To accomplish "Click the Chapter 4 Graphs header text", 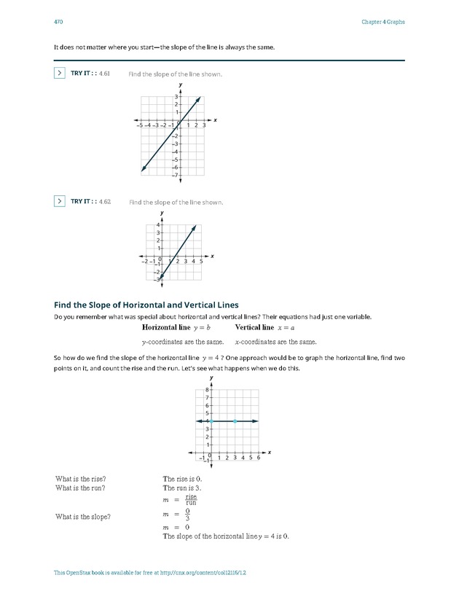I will tap(382, 22).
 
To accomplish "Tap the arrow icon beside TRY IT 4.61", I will tap(60, 73).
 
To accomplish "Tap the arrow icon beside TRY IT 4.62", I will tap(60, 201).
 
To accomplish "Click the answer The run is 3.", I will tap(182, 488).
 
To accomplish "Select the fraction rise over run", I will tap(191, 499).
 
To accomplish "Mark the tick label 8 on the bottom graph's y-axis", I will tap(208, 390).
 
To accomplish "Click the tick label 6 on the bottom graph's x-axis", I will tap(259, 458).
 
